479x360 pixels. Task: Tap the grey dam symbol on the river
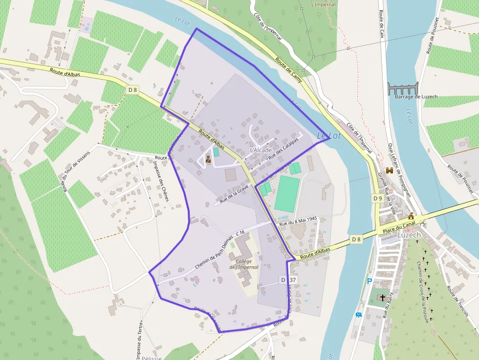click(x=403, y=89)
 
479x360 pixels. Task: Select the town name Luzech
click(x=409, y=234)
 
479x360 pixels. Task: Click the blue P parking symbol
click(x=370, y=281)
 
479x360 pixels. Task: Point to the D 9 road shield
click(x=377, y=198)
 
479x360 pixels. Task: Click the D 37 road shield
click(x=288, y=280)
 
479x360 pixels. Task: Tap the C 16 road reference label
click(x=240, y=233)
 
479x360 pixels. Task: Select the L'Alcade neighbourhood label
click(x=261, y=150)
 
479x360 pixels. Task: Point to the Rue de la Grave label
click(x=234, y=194)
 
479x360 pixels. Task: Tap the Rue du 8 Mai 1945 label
click(x=298, y=221)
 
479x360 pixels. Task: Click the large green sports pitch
click(x=287, y=194)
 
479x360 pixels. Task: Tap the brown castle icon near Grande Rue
click(x=390, y=170)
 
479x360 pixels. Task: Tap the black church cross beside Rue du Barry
click(x=382, y=297)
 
